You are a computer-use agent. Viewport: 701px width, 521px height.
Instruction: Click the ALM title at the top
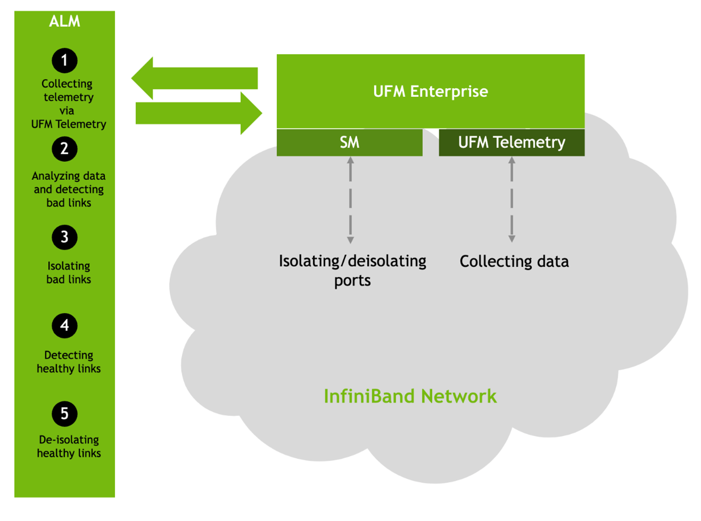64,21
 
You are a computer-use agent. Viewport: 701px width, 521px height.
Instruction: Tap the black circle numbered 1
64,61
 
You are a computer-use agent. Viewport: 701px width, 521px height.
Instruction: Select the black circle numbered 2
64,149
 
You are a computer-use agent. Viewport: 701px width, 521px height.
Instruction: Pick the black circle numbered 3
64,237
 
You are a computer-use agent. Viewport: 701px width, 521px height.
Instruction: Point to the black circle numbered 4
64,326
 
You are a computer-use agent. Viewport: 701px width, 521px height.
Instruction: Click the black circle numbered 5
64,414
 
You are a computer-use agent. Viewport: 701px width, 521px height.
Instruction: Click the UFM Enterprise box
430,92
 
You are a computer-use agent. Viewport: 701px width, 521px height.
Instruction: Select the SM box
349,143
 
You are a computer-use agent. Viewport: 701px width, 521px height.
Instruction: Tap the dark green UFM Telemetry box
511,143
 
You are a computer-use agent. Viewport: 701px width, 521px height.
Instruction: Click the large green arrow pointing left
194,78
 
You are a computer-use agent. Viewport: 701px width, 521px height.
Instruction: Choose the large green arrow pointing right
199,113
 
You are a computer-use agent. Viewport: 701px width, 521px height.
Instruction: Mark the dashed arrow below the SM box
350,200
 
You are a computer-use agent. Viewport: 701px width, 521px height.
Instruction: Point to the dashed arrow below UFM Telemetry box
512,200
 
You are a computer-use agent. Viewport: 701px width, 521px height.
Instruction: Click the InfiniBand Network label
410,396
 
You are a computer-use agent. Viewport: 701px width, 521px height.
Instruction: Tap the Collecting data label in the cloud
514,261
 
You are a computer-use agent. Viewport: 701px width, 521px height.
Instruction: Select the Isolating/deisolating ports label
352,270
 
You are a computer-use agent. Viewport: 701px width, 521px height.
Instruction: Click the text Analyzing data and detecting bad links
69,189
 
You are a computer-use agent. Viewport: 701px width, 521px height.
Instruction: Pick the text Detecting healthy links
69,362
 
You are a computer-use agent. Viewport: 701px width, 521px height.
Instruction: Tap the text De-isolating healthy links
69,446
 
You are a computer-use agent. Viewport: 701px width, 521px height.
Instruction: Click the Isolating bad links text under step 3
69,272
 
